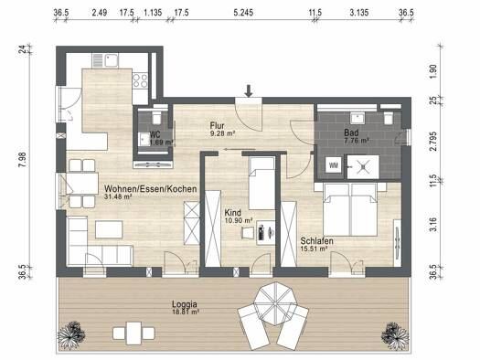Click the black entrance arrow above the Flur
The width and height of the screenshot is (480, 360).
tap(249, 91)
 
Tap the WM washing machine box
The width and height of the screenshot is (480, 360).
tap(334, 165)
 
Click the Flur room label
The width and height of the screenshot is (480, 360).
tap(217, 126)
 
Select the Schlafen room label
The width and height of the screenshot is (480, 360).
tap(316, 240)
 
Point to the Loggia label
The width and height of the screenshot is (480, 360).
tap(185, 304)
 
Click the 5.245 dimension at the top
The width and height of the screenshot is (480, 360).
tap(243, 13)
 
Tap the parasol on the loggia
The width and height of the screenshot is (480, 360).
tap(275, 304)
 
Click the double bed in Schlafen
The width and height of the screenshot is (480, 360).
tap(350, 209)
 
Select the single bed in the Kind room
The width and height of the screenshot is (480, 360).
tap(261, 184)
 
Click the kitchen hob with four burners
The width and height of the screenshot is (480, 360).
tap(140, 80)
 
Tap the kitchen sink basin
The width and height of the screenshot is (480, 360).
tap(112, 60)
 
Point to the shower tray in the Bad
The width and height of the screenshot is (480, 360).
tap(363, 167)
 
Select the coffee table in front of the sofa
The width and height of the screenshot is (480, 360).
tap(109, 229)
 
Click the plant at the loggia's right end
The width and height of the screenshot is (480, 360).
tap(395, 336)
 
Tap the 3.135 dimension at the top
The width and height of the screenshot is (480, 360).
tap(359, 13)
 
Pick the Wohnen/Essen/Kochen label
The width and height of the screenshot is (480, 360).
tap(150, 189)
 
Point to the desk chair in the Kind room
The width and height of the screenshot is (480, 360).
tap(248, 233)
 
